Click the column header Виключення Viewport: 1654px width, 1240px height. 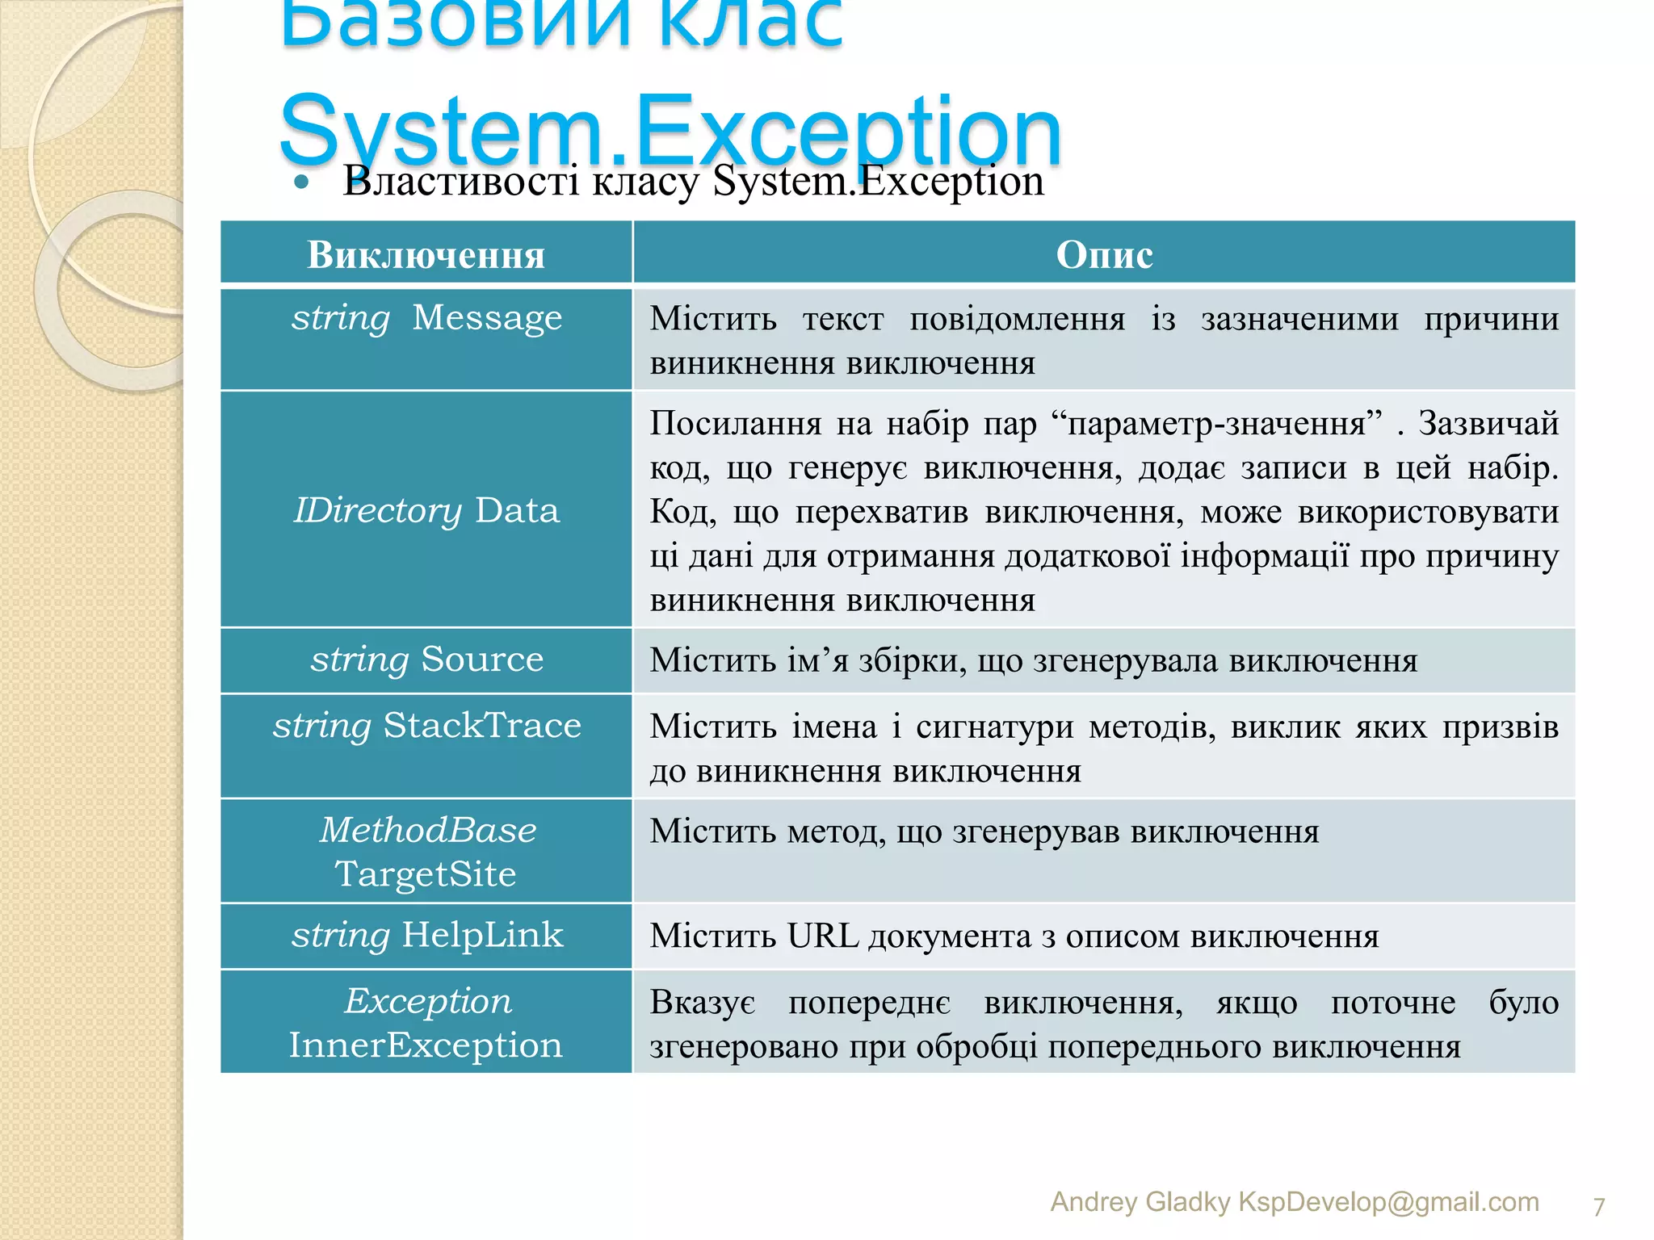point(426,255)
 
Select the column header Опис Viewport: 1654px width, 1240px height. point(1104,255)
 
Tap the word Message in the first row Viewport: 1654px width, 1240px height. point(487,318)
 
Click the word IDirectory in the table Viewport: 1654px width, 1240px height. point(377,511)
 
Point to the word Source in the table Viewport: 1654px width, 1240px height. point(482,660)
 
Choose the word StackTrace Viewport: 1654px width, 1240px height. point(482,726)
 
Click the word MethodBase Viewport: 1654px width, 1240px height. point(428,831)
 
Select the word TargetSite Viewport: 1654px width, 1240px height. point(426,874)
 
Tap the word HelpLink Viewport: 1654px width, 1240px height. point(482,936)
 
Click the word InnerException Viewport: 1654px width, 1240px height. point(426,1045)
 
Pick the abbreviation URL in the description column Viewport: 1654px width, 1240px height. point(822,936)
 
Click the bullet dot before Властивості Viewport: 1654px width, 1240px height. point(302,182)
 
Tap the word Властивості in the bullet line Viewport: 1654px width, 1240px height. point(460,181)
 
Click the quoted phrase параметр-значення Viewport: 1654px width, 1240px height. point(1216,424)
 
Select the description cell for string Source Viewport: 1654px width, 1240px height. point(1104,660)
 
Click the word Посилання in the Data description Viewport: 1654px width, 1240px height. point(735,424)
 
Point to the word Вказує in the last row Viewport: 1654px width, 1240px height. point(703,1003)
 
